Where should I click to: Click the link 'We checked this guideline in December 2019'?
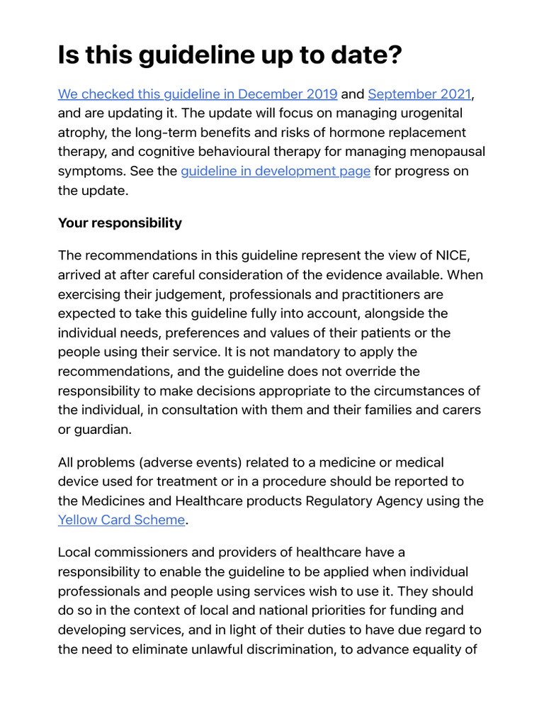198,94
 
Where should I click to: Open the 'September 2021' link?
419,94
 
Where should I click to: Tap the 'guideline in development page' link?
276,171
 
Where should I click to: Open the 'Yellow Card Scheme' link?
121,520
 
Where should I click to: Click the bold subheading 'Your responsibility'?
120,223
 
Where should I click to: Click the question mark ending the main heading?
392,55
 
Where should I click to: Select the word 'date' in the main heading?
351,55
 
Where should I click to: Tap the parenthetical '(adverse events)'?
187,462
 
